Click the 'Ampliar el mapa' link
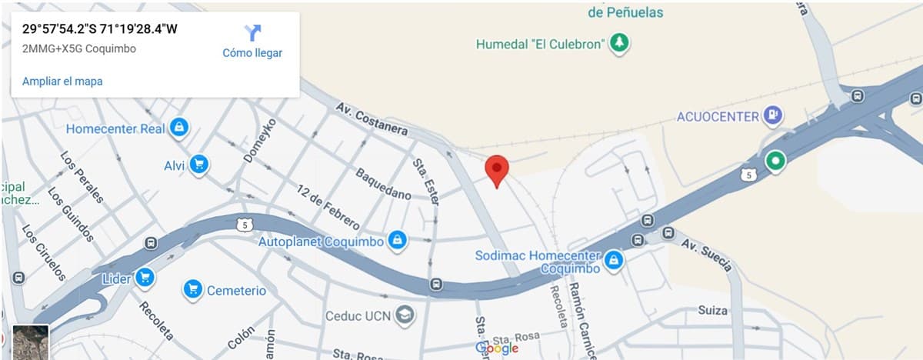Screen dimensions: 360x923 coord(62,81)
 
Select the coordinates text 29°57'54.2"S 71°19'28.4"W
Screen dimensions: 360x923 coord(100,30)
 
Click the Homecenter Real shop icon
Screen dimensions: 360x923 coord(179,128)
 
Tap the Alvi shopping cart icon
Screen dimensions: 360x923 coord(199,165)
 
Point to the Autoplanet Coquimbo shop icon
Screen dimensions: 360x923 coord(398,241)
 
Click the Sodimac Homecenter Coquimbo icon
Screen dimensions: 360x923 coord(613,261)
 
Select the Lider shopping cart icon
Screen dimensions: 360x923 coord(144,278)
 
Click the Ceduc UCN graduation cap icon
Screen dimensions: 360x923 coord(404,315)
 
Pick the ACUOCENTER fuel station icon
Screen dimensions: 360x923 coord(772,116)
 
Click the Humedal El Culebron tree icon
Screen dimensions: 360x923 coord(618,43)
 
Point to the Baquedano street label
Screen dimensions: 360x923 coord(383,182)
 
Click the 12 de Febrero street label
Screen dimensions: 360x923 coord(328,208)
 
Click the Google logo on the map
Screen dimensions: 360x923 coord(497,348)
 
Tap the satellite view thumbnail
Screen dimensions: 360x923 coord(31,342)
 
